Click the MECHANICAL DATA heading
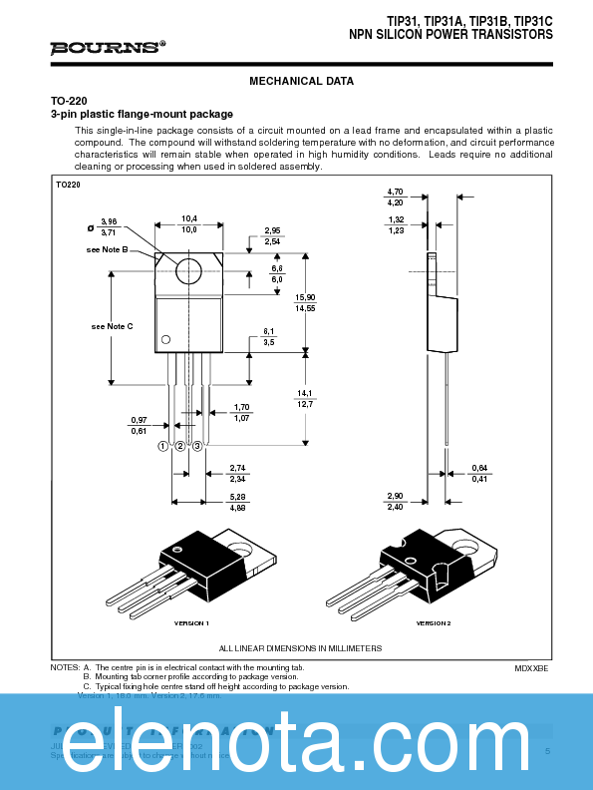point(301,82)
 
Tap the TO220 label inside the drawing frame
point(68,185)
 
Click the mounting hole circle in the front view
point(188,269)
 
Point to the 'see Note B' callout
point(108,249)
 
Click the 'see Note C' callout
point(112,327)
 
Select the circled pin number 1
point(161,446)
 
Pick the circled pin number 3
point(198,446)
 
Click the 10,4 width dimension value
point(189,218)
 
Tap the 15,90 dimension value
point(305,297)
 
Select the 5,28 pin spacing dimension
point(237,496)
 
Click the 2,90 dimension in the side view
point(395,496)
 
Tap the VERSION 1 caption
point(191,622)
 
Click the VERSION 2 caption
point(434,622)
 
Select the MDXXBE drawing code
point(531,667)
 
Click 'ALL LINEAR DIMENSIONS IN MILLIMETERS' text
point(300,648)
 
